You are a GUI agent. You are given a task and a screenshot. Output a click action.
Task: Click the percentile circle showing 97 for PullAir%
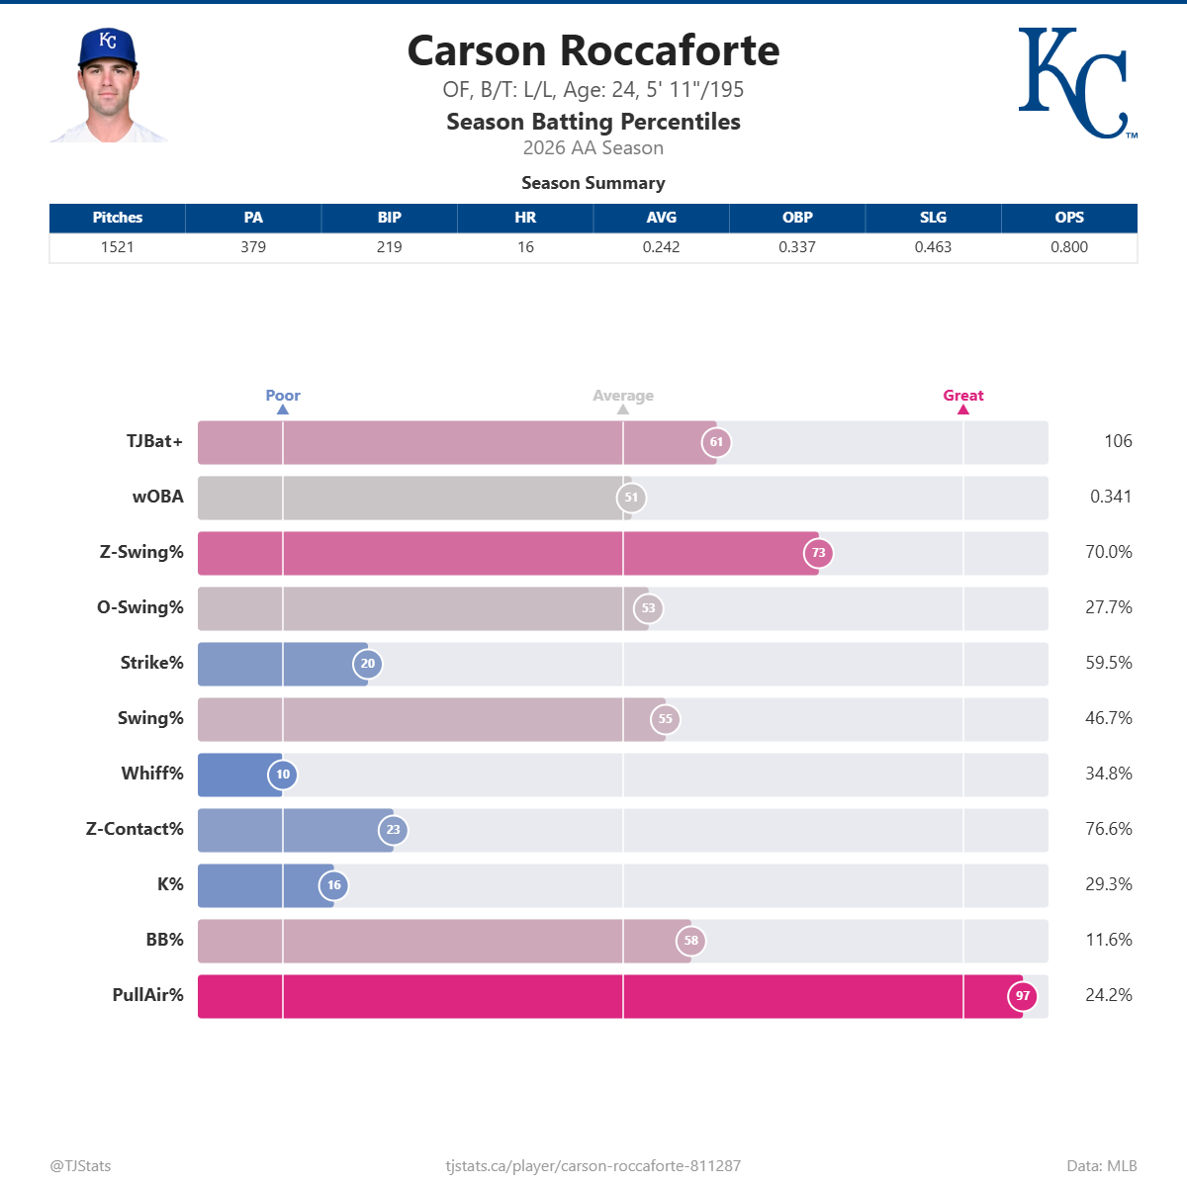1023,996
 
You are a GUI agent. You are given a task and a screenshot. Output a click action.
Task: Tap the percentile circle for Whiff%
283,775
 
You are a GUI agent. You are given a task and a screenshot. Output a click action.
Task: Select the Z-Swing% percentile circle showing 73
818,553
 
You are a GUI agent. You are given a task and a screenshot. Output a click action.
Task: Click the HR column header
525,218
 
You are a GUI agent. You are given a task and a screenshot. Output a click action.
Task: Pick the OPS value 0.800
1068,247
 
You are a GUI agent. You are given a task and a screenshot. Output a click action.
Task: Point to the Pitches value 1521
117,247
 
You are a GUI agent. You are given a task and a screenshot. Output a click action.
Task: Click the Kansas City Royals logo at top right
1077,82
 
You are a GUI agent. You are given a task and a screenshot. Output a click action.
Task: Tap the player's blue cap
108,46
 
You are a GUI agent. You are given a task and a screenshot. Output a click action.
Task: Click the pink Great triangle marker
963,410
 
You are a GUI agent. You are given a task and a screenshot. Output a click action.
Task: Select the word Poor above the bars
283,395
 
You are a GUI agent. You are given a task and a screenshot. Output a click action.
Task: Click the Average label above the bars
623,396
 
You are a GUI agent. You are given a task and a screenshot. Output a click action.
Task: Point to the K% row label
170,884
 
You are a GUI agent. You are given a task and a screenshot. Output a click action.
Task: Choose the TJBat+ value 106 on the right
1118,441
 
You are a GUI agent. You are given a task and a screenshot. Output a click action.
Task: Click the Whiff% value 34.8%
1108,774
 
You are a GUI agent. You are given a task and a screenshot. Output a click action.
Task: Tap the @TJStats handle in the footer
80,1166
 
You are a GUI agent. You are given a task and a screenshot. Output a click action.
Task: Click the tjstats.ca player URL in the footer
593,1166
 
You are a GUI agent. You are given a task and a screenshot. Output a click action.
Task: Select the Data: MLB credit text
1102,1166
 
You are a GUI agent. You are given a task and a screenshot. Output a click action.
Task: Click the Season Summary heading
593,183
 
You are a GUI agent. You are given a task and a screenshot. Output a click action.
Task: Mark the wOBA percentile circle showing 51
631,498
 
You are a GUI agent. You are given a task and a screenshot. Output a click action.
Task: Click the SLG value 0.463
933,247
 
